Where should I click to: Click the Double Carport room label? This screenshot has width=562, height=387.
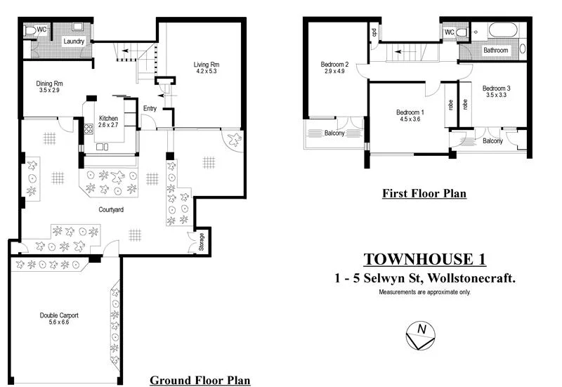click(59, 315)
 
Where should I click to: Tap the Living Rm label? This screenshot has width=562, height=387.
click(207, 65)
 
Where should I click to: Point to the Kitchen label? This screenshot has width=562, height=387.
click(107, 118)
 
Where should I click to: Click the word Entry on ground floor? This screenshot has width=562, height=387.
click(150, 108)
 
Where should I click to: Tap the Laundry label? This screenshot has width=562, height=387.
click(74, 41)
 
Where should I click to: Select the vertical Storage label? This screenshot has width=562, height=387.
click(202, 241)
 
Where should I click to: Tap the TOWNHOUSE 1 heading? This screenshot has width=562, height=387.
click(424, 259)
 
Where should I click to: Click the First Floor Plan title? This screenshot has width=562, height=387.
click(424, 193)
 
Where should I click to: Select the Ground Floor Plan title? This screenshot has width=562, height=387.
click(200, 380)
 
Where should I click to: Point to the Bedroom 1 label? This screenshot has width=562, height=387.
click(410, 112)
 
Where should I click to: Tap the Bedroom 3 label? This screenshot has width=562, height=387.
click(497, 88)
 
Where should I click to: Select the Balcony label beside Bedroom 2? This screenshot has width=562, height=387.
click(334, 133)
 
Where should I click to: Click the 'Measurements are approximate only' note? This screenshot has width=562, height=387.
click(424, 291)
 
